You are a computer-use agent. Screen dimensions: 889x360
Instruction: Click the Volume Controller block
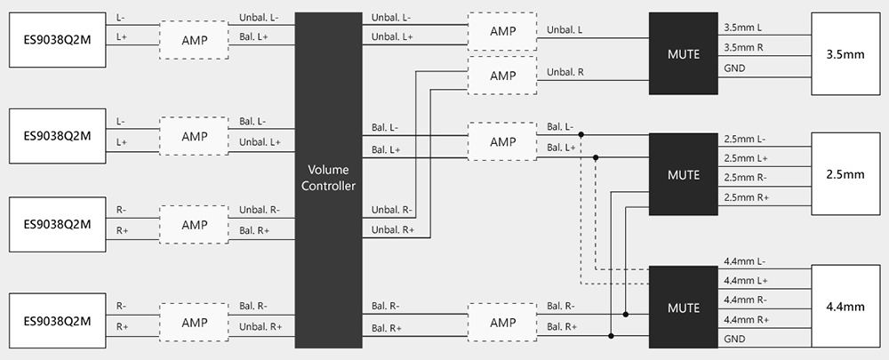(328, 180)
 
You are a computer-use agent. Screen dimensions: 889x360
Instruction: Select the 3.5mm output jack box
(845, 54)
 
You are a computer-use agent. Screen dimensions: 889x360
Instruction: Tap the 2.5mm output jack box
(845, 174)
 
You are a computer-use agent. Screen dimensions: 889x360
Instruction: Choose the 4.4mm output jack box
(845, 306)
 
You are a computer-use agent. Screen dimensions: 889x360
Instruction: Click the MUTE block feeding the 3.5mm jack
(683, 54)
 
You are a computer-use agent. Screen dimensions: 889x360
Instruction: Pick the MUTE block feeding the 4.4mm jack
(683, 307)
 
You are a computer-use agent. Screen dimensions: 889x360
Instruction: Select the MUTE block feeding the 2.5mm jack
(683, 174)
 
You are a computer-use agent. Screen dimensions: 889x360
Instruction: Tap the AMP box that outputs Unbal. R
(502, 75)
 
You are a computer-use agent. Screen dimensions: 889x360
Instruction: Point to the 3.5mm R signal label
(743, 48)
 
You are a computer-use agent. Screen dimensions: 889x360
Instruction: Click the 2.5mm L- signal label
(745, 139)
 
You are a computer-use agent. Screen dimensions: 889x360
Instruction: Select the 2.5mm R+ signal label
(746, 197)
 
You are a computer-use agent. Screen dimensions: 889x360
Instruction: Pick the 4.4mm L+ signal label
(746, 281)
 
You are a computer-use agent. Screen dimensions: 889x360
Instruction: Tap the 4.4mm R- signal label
(746, 300)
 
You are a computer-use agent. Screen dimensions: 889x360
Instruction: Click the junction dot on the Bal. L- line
(581, 135)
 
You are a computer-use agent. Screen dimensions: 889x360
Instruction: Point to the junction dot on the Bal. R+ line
(611, 336)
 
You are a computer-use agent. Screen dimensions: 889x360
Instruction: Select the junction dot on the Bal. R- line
(625, 314)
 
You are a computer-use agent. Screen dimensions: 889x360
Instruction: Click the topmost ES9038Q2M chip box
(57, 40)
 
